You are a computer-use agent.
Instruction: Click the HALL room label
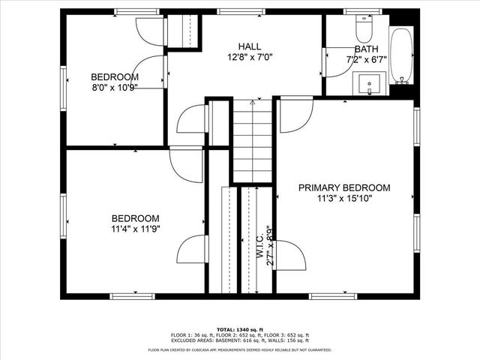point(244,46)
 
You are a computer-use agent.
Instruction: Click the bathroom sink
point(369,82)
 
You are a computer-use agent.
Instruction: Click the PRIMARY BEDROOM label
point(344,187)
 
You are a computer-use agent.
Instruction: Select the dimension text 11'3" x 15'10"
point(344,199)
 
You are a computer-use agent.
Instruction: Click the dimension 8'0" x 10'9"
point(115,87)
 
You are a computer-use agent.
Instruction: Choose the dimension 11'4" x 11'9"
point(136,229)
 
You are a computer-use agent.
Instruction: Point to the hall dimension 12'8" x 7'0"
point(244,57)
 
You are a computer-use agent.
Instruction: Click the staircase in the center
point(251,142)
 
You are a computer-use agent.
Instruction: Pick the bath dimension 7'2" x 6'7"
point(367,59)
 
